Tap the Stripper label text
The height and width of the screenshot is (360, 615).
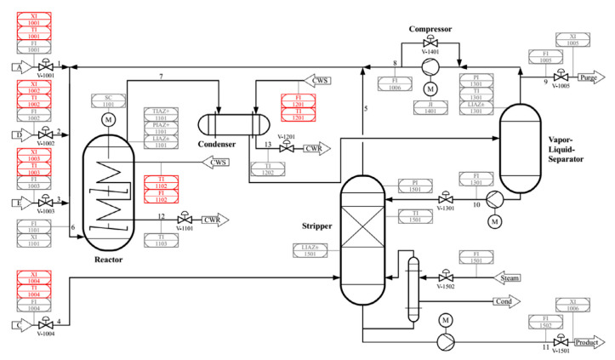coord(316,227)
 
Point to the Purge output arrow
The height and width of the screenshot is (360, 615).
coord(589,77)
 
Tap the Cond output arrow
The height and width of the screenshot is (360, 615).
coord(501,301)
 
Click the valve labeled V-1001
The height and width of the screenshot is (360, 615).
coord(43,66)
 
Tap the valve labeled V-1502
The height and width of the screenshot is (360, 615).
coord(444,277)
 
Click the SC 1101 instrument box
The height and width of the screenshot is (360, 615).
coord(108,101)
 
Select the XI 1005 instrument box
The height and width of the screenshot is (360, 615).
coord(567,39)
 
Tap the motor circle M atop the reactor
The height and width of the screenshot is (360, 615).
coord(108,121)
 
